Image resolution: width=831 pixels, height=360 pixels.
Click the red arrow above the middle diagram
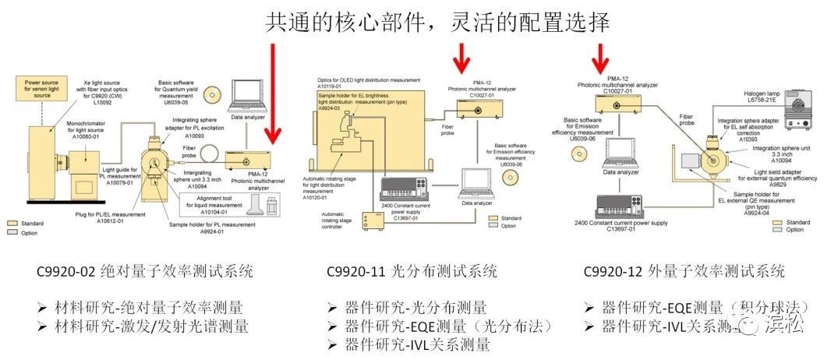[x=462, y=56]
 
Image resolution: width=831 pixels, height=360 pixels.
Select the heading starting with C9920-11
[x=411, y=272]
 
